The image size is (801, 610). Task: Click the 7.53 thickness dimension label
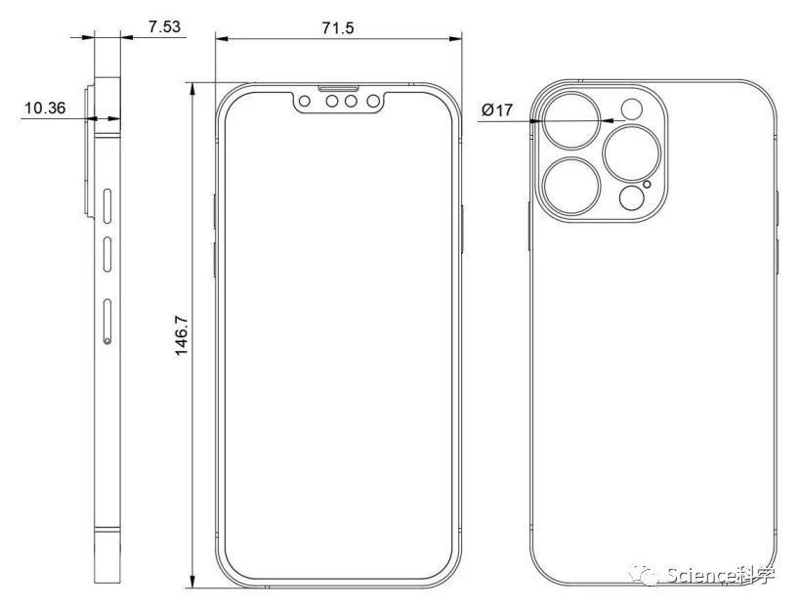coord(164,26)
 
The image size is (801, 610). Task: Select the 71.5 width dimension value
coord(338,28)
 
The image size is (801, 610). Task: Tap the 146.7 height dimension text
coord(182,336)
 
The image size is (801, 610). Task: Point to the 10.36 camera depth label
coord(45,108)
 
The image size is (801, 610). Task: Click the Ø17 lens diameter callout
coord(496,109)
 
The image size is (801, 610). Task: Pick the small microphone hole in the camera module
coord(648,184)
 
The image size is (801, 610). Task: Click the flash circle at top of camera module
coord(631,109)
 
